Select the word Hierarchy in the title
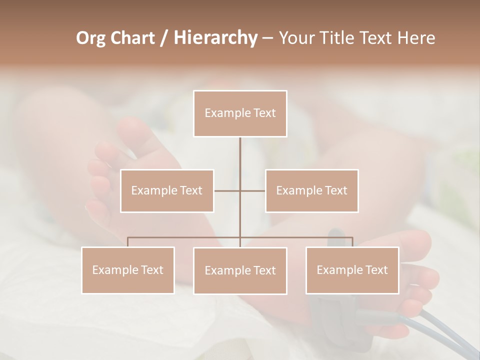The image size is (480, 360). tap(215, 38)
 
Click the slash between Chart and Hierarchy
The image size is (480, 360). tap(164, 38)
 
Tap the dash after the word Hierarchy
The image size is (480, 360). tap(267, 39)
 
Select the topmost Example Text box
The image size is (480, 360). tap(240, 113)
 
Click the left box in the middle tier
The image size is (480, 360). tap(167, 190)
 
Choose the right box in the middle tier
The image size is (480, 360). tap(311, 190)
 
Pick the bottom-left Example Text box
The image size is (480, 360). tap(128, 270)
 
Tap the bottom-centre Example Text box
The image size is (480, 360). tap(240, 270)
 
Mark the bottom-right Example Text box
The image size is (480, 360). tap(352, 270)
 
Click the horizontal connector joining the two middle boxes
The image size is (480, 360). tap(252, 190)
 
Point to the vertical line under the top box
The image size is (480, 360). tap(240, 155)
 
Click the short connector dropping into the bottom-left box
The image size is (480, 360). tap(128, 242)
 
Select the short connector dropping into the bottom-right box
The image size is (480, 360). tap(352, 242)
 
